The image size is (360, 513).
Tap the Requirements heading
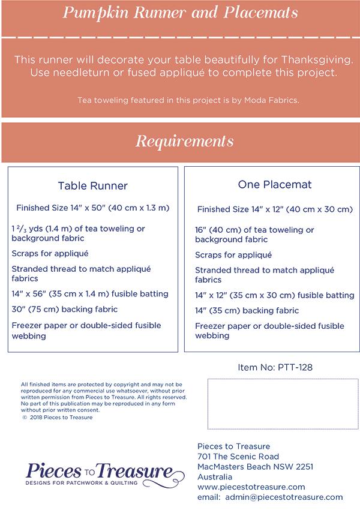coord(184,142)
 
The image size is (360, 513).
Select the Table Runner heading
coord(92,186)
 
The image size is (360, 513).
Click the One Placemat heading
coord(274,185)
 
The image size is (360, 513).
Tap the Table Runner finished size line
coord(93,208)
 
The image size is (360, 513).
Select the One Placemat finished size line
coord(274,209)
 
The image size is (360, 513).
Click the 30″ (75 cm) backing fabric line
coord(65,310)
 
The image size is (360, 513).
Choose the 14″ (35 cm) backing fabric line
coord(247,311)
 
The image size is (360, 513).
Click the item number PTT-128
coord(275,367)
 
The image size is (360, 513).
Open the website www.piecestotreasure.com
coord(251,487)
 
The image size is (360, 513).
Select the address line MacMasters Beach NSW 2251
coord(255,466)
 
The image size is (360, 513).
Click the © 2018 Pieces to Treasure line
coord(58,418)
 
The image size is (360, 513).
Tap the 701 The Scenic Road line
coord(238,456)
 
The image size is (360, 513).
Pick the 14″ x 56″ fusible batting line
coord(90,294)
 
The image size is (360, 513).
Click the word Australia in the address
coord(215,476)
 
